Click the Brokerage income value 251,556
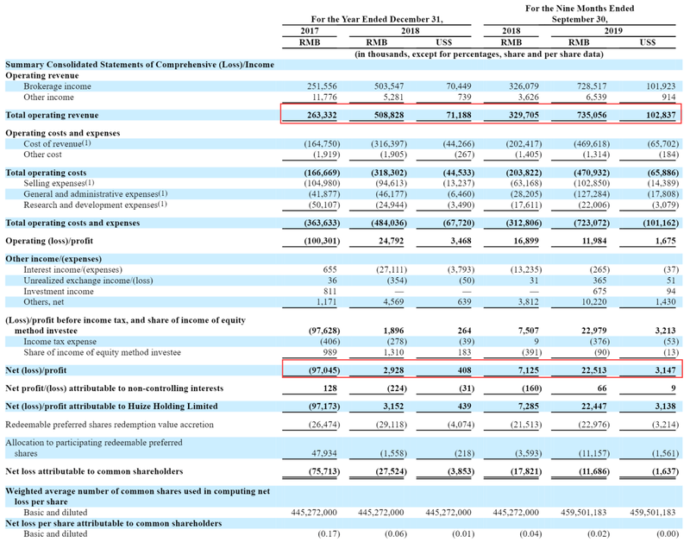pyautogui.click(x=322, y=86)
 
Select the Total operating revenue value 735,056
pyautogui.click(x=592, y=115)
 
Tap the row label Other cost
pyautogui.click(x=42, y=155)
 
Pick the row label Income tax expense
pyautogui.click(x=60, y=342)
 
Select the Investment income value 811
pyautogui.click(x=329, y=292)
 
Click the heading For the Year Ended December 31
pyautogui.click(x=377, y=19)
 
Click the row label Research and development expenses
pyautogui.click(x=91, y=205)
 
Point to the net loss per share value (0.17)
pyautogui.click(x=329, y=534)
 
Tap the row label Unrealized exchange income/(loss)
pyautogui.click(x=89, y=281)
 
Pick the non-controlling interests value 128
pyautogui.click(x=329, y=388)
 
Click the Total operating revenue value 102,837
pyautogui.click(x=661, y=115)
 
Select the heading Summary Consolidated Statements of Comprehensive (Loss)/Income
pyautogui.click(x=140, y=65)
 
